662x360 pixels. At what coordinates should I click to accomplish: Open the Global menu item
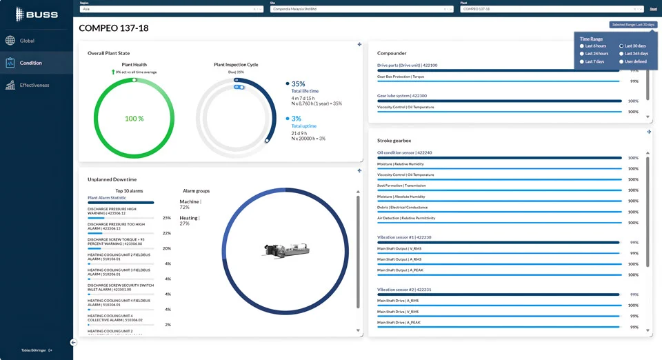pyautogui.click(x=26, y=41)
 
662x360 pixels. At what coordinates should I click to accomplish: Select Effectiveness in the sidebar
pyautogui.click(x=34, y=86)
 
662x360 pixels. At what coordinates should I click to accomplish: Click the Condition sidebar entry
pyautogui.click(x=30, y=63)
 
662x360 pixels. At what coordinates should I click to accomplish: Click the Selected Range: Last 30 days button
pyautogui.click(x=633, y=25)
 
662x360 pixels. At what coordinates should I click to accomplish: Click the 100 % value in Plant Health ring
pyautogui.click(x=134, y=119)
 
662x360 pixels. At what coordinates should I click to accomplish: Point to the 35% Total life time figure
pyautogui.click(x=298, y=84)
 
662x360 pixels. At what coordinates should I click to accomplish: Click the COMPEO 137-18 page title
pyautogui.click(x=114, y=28)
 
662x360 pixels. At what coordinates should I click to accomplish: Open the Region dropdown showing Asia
pyautogui.click(x=170, y=9)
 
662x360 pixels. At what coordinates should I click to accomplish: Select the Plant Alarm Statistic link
pyautogui.click(x=107, y=197)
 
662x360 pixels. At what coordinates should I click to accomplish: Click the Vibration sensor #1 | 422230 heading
pyautogui.click(x=404, y=237)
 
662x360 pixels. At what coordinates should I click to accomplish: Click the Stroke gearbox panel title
pyautogui.click(x=394, y=141)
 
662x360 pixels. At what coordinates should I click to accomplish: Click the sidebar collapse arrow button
pyautogui.click(x=73, y=342)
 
